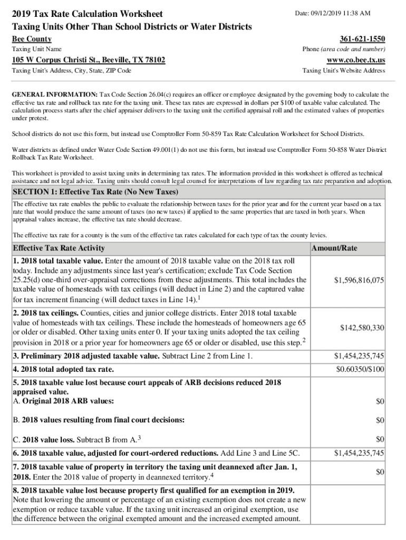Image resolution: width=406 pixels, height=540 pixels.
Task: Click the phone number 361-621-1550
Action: [x=362, y=39]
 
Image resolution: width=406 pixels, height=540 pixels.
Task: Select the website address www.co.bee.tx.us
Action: [x=356, y=60]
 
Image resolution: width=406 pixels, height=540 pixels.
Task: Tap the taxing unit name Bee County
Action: [x=32, y=39]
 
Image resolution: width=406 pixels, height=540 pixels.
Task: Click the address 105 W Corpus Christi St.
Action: [x=89, y=60]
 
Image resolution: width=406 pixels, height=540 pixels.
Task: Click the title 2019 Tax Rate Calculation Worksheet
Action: [x=87, y=14]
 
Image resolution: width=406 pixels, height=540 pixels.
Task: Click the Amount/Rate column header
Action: [x=334, y=248]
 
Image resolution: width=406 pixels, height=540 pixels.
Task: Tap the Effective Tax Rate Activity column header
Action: [x=59, y=248]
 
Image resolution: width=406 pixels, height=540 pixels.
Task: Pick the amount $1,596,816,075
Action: [x=359, y=281]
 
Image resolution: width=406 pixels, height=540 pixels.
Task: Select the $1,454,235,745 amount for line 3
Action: [x=359, y=356]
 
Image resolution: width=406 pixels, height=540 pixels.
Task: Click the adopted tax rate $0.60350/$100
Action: [x=360, y=369]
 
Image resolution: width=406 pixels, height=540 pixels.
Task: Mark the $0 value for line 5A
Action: [x=380, y=402]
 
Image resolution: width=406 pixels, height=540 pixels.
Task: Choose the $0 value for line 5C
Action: [x=380, y=439]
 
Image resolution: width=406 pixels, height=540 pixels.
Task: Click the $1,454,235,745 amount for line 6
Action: [x=359, y=452]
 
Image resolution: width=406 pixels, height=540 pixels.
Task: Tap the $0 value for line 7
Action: [x=380, y=471]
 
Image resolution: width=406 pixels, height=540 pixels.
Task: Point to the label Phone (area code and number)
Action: [x=343, y=49]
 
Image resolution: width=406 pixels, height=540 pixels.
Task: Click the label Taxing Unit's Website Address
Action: [x=343, y=70]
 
